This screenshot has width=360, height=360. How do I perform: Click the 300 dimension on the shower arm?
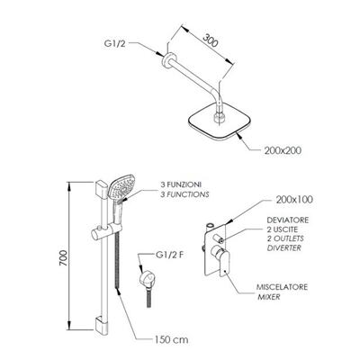coord(211,40)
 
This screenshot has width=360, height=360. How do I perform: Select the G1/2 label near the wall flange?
coord(114,43)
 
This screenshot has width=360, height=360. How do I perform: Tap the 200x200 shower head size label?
coord(283,150)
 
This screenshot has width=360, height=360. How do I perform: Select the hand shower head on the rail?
coord(121,186)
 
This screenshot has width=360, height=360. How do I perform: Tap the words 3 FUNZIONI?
coord(181,184)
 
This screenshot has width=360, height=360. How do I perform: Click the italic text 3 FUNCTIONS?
coord(184,194)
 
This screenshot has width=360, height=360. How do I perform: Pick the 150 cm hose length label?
coord(172,339)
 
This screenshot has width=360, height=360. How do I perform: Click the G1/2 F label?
coord(169,255)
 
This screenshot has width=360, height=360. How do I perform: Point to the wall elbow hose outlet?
coord(146,280)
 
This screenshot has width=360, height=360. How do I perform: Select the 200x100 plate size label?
coord(294,200)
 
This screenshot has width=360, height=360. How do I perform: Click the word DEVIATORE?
coord(288,220)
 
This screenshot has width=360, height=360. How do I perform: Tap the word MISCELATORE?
coord(282,287)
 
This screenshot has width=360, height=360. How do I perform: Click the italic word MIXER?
coord(269,297)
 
